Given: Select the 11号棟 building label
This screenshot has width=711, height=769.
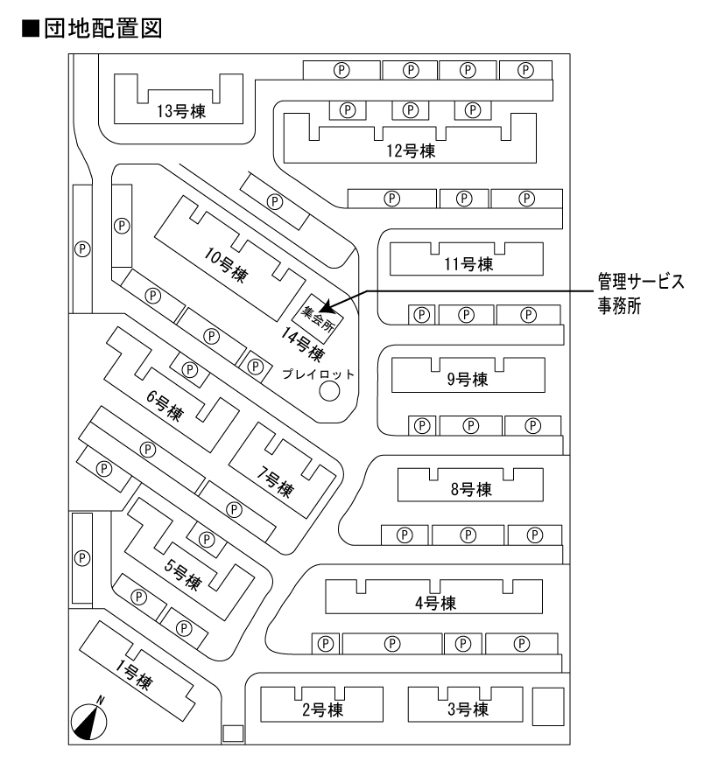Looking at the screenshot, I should pos(465,264).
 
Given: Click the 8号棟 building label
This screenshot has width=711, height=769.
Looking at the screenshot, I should pos(471,489).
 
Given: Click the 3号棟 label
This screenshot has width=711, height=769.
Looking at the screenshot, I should pos(467,709).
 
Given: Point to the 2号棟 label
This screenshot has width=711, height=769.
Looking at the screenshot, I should pos(321,710).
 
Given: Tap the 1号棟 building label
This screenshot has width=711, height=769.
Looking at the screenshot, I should pos(135,674).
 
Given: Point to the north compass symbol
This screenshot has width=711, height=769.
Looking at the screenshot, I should pos(88,721).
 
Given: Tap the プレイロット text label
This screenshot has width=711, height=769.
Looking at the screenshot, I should pos(320,374).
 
